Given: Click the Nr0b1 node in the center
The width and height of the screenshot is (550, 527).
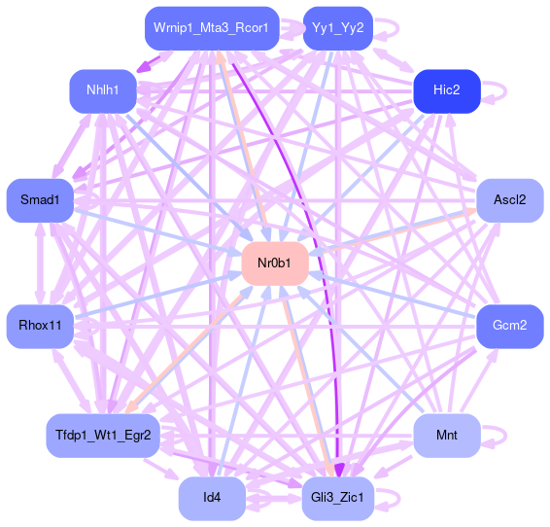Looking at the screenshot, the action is tap(275, 263).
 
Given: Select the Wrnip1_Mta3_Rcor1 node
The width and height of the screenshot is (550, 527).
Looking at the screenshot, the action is tap(212, 28).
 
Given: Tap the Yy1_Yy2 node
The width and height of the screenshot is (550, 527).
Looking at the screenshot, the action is tap(338, 28).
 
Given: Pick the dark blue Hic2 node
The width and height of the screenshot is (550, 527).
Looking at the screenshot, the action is tap(447, 90).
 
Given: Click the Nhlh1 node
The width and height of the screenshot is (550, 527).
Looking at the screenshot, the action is tap(103, 90).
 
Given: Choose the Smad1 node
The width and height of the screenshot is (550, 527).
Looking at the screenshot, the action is tap(40, 200).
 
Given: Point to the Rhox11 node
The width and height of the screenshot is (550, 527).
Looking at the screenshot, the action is tap(40, 327).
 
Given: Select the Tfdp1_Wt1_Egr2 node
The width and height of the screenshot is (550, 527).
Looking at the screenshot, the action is tap(103, 436).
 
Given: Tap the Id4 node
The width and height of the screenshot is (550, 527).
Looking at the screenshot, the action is tap(212, 498).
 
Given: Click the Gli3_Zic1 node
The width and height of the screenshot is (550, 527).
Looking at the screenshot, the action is tap(338, 498).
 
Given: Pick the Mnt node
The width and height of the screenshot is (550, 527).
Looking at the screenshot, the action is tap(447, 436).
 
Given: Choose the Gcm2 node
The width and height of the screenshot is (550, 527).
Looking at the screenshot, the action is tap(510, 327).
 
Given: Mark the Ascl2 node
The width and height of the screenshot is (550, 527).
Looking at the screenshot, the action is tap(510, 200).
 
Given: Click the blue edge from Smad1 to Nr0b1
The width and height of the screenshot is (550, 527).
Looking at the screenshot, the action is tap(158, 232).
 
